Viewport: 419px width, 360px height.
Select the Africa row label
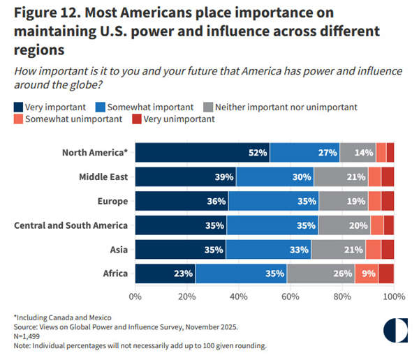tap(114, 273)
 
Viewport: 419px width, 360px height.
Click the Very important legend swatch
tap(18, 107)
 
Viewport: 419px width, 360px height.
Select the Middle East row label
tap(103, 177)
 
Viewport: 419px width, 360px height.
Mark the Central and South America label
tap(71, 225)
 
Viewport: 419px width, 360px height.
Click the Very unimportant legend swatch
tap(136, 119)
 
